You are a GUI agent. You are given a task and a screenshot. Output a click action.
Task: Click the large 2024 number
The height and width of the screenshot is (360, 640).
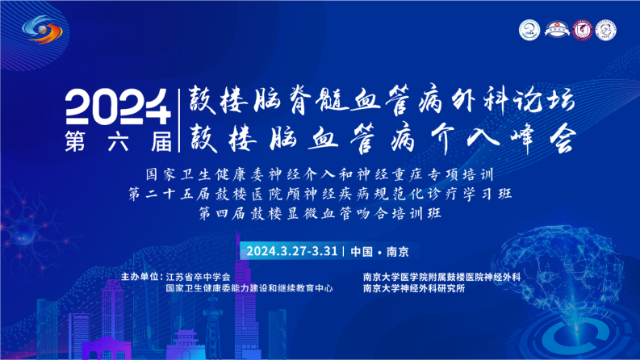point(118,107)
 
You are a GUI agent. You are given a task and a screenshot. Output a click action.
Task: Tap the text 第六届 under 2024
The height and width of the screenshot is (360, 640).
point(119,141)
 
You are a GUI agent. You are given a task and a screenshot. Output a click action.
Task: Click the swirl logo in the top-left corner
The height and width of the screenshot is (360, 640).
point(43,29)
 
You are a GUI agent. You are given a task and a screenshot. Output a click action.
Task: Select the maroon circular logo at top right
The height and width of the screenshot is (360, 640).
point(582,30)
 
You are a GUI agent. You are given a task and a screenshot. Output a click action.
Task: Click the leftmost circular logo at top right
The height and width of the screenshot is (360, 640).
point(529,30)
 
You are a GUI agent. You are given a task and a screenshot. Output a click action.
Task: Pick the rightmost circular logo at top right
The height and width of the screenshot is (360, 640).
point(606,30)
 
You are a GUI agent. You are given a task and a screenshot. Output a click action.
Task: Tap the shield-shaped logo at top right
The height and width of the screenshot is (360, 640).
point(558,30)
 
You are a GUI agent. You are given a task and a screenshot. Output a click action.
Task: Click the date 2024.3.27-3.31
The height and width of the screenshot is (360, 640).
point(292,251)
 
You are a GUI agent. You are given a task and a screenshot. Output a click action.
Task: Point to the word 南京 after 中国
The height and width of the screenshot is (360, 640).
point(398,251)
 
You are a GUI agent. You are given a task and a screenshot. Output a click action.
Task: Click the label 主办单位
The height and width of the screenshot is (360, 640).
point(141,277)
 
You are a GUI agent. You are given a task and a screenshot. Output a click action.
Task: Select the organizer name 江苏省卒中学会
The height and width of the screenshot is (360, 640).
point(198,277)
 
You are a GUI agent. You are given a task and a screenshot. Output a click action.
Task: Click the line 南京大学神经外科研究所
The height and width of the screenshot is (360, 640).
point(414,289)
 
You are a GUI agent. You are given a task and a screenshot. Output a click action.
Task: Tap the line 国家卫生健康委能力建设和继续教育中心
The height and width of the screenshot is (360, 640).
point(249,289)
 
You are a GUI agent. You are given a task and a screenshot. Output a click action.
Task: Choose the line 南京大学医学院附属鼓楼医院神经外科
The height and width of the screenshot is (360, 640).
point(441,277)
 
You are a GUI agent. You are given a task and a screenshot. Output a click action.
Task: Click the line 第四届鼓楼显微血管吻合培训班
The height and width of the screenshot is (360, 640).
point(320,213)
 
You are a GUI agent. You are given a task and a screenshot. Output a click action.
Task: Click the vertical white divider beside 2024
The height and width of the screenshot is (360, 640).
point(179,121)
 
